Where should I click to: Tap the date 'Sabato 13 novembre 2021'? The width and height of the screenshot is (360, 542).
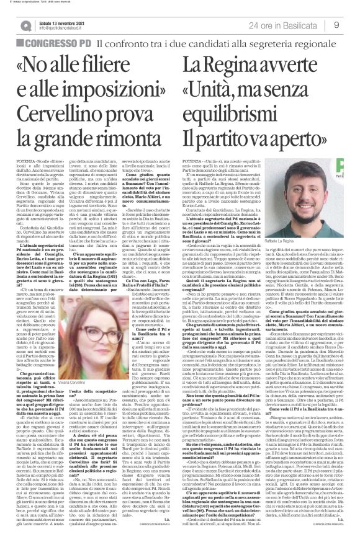[x=62, y=21]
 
